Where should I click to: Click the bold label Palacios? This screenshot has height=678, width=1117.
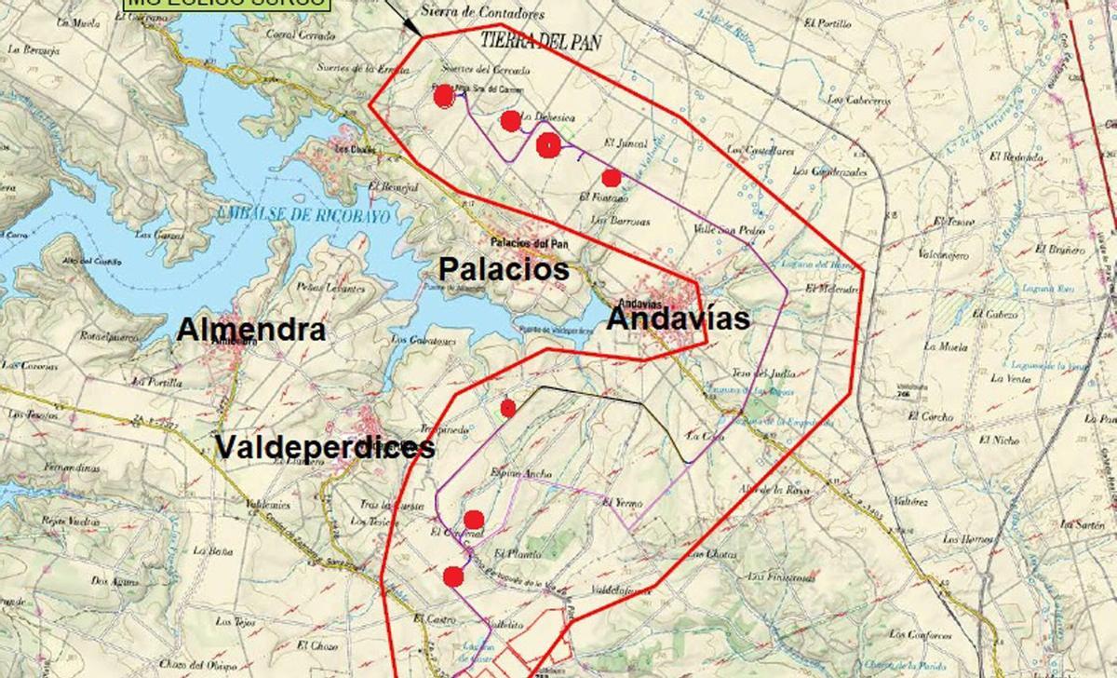[504, 270]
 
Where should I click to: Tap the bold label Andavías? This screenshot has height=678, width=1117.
[679, 319]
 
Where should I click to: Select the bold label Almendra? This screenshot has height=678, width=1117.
[251, 330]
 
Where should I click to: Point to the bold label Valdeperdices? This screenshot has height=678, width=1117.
[325, 448]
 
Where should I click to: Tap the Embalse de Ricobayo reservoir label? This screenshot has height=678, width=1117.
[302, 213]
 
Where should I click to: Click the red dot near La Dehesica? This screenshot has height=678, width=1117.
[510, 120]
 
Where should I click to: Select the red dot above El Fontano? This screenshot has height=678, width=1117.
[611, 178]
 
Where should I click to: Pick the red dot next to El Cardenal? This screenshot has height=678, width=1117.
[474, 519]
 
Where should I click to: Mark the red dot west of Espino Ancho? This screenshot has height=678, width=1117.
[508, 408]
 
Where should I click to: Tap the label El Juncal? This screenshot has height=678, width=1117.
[624, 143]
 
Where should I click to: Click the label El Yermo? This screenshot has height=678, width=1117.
[623, 503]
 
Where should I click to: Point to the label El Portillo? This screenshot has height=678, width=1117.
[828, 24]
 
